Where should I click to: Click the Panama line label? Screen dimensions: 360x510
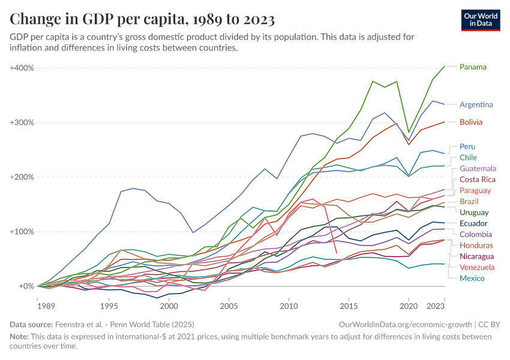click(473, 67)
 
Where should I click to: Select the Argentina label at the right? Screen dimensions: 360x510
click(476, 104)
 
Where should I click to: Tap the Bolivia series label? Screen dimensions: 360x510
click(471, 122)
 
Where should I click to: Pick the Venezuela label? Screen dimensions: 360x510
click(477, 267)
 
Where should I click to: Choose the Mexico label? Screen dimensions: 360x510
click(472, 278)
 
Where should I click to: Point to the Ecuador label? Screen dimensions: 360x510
click(474, 223)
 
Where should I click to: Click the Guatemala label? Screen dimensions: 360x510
click(478, 168)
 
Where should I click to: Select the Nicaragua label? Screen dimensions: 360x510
click(477, 256)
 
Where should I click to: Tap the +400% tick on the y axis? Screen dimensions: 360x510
click(22, 68)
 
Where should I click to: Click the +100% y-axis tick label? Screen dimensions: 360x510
click(22, 232)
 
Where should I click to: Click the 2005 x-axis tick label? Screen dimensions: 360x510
click(229, 305)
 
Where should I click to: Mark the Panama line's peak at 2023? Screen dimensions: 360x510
click(444, 66)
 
